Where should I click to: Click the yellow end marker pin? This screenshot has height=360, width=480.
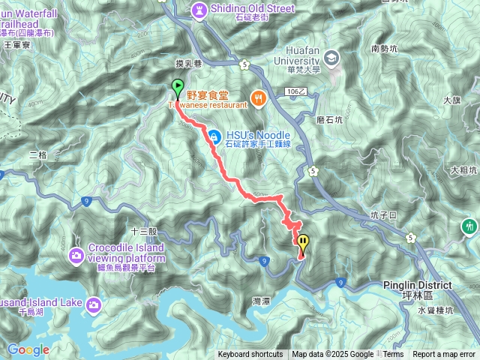click(303, 243)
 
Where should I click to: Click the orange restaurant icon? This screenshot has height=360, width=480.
click(258, 97)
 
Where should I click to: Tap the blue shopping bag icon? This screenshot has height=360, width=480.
click(214, 136)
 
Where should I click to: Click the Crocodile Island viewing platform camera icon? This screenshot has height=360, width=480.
click(76, 256)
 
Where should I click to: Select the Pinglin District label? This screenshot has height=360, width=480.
click(417, 285)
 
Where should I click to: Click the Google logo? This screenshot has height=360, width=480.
click(28, 349)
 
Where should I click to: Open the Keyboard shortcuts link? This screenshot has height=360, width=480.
click(250, 355)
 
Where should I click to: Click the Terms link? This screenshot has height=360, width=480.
click(393, 355)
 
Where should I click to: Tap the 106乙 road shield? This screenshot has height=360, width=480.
click(297, 91)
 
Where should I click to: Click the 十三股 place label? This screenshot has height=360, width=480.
click(143, 232)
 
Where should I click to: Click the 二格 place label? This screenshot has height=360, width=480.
click(37, 154)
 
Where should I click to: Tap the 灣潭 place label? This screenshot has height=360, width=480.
click(262, 300)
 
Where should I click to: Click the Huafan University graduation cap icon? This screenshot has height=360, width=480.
click(331, 58)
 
